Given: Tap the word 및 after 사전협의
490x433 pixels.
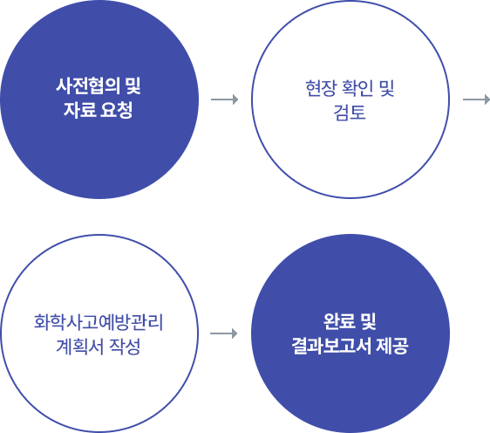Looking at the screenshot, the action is coord(133,86).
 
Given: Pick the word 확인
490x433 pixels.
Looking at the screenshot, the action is coord(358,88).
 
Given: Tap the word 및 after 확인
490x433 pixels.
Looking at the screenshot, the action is coord(387,88).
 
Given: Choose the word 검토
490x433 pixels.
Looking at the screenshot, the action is coord(350,113).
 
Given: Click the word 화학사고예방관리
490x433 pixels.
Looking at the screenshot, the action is coord(99,322).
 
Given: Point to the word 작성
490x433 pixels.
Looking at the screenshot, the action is coord(125,347).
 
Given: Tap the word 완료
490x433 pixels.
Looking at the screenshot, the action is coord(339,321).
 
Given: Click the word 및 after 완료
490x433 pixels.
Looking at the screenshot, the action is coord(369,321).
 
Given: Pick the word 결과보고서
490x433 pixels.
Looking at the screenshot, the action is coord(331,346).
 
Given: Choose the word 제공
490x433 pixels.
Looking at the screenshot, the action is coord(392,346).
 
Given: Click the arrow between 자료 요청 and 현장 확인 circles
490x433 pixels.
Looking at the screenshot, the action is coord(224,100).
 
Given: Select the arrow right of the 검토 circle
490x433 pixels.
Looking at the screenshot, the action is coord(476,100).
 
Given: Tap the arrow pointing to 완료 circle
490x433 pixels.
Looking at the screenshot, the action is coord(224,333).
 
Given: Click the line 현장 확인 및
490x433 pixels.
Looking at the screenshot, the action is coord(350,88).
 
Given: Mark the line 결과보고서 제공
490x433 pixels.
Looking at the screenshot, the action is coord(350,346).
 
